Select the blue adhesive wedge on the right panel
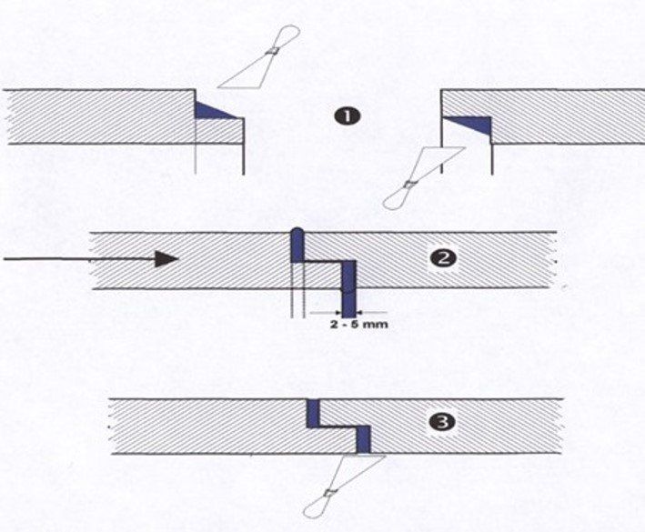(471, 124)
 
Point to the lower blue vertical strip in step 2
(348, 286)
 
